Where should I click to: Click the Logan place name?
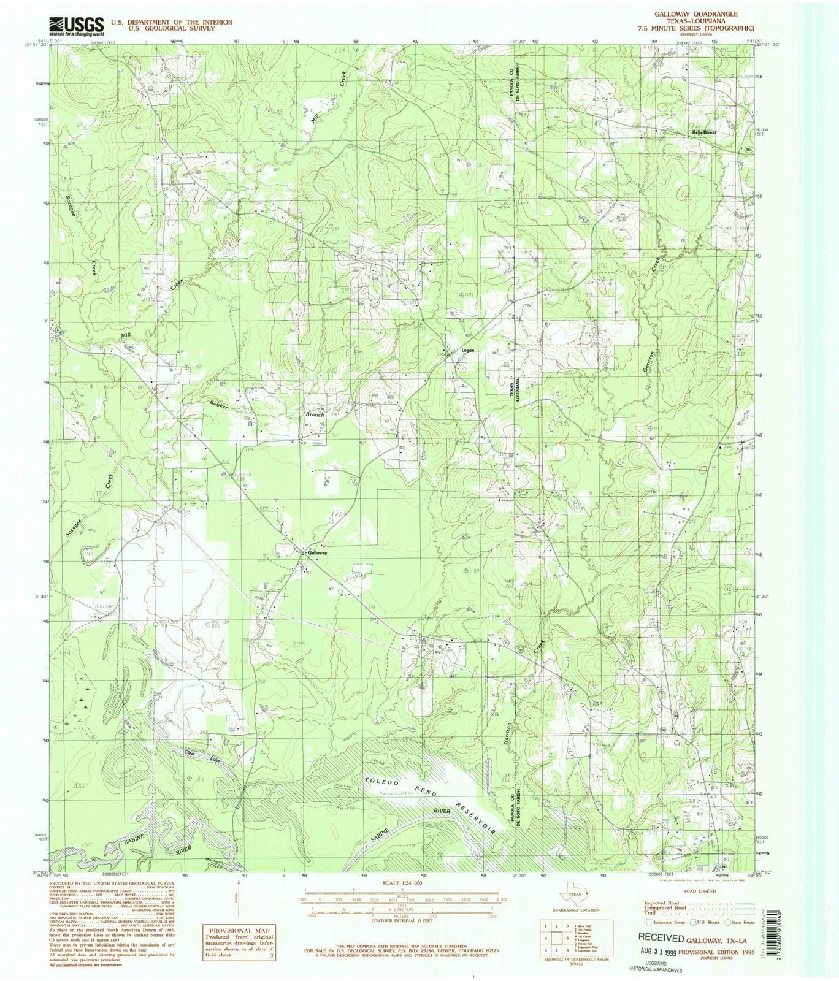click(468, 351)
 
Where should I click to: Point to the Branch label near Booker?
click(315, 415)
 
